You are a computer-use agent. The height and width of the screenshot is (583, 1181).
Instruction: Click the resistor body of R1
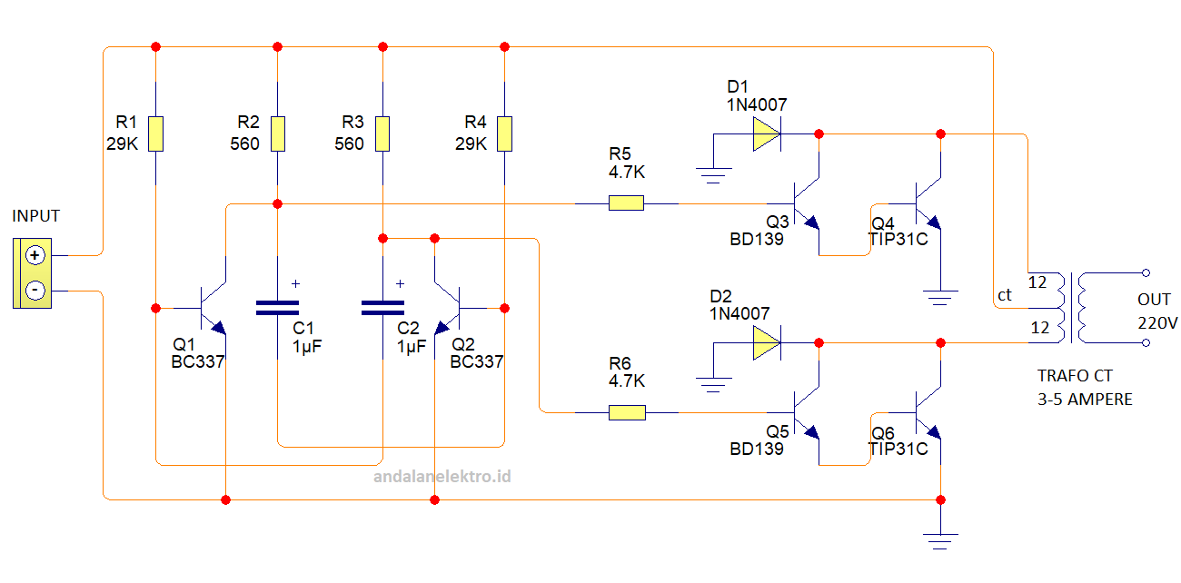156,133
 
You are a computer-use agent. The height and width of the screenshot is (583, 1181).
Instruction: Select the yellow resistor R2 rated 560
277,133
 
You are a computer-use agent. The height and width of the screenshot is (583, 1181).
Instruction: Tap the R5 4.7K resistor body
626,203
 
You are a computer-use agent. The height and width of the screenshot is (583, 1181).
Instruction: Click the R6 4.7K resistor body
626,413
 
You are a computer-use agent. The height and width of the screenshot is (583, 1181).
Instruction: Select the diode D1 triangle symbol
766,134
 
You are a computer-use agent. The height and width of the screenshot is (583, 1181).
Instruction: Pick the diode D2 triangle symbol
766,343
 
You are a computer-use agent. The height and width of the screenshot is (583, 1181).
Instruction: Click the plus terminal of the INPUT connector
35,255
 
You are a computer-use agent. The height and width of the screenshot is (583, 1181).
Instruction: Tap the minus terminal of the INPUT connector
35,291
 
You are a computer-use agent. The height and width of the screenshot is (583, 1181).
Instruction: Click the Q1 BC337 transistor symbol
213,307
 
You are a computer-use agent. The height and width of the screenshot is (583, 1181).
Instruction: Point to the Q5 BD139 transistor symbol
805,413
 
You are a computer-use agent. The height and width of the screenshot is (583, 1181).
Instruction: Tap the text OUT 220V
1156,311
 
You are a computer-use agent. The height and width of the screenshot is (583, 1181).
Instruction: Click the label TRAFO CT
1075,376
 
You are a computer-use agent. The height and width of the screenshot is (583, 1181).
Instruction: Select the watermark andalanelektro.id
443,475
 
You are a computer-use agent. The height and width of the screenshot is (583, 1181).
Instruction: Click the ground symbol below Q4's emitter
940,294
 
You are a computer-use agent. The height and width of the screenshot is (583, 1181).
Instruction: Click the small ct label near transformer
1005,295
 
